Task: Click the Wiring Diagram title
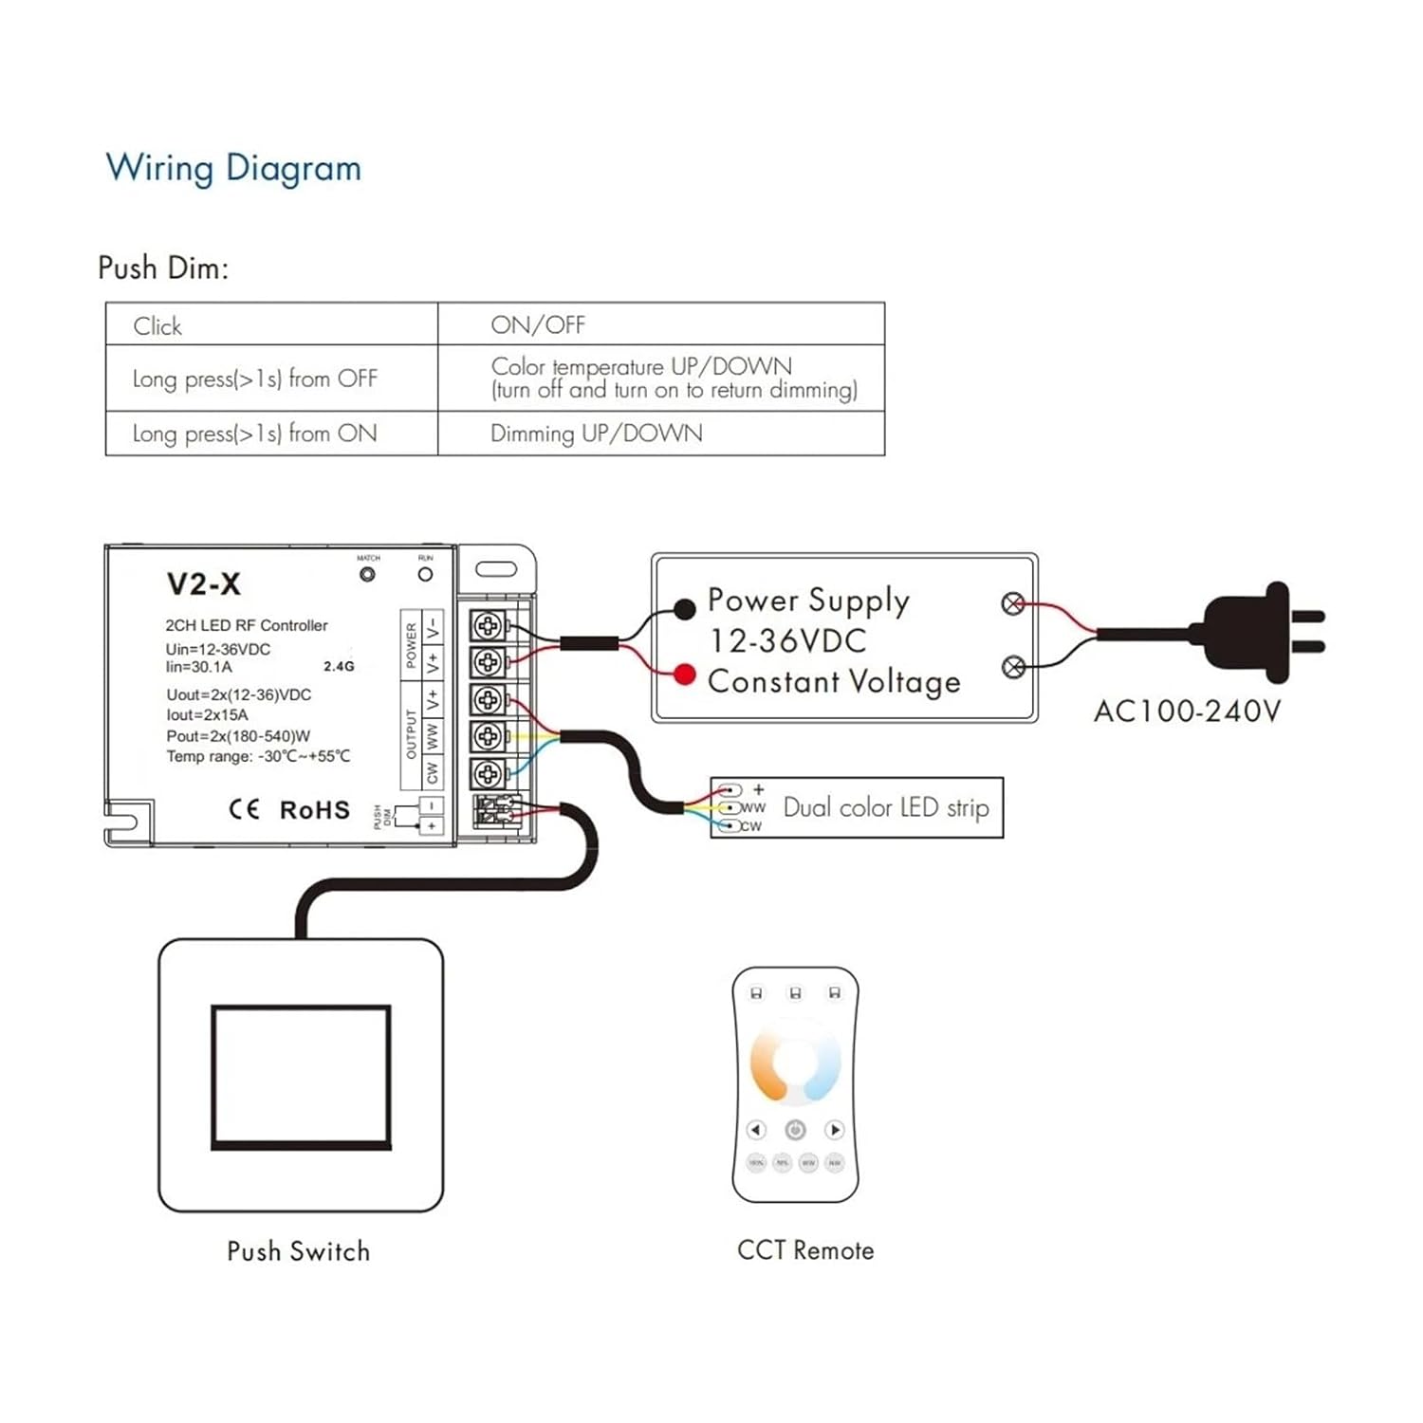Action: point(233,168)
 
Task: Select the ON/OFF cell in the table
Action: point(538,325)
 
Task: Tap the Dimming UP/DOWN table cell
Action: point(596,434)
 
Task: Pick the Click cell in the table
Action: point(157,326)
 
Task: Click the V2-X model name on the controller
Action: point(204,583)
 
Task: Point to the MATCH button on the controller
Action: point(367,574)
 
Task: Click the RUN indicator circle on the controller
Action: point(425,574)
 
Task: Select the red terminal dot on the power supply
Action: point(684,675)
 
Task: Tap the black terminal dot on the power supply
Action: point(684,609)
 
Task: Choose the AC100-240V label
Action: point(1187,711)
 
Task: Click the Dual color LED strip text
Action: point(886,807)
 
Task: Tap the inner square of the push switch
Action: point(301,1077)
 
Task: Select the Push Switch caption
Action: point(298,1251)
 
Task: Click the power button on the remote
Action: point(795,1130)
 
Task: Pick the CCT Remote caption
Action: point(805,1250)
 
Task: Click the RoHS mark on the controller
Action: point(314,810)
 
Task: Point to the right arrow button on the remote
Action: point(835,1130)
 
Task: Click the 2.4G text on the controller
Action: point(339,667)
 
